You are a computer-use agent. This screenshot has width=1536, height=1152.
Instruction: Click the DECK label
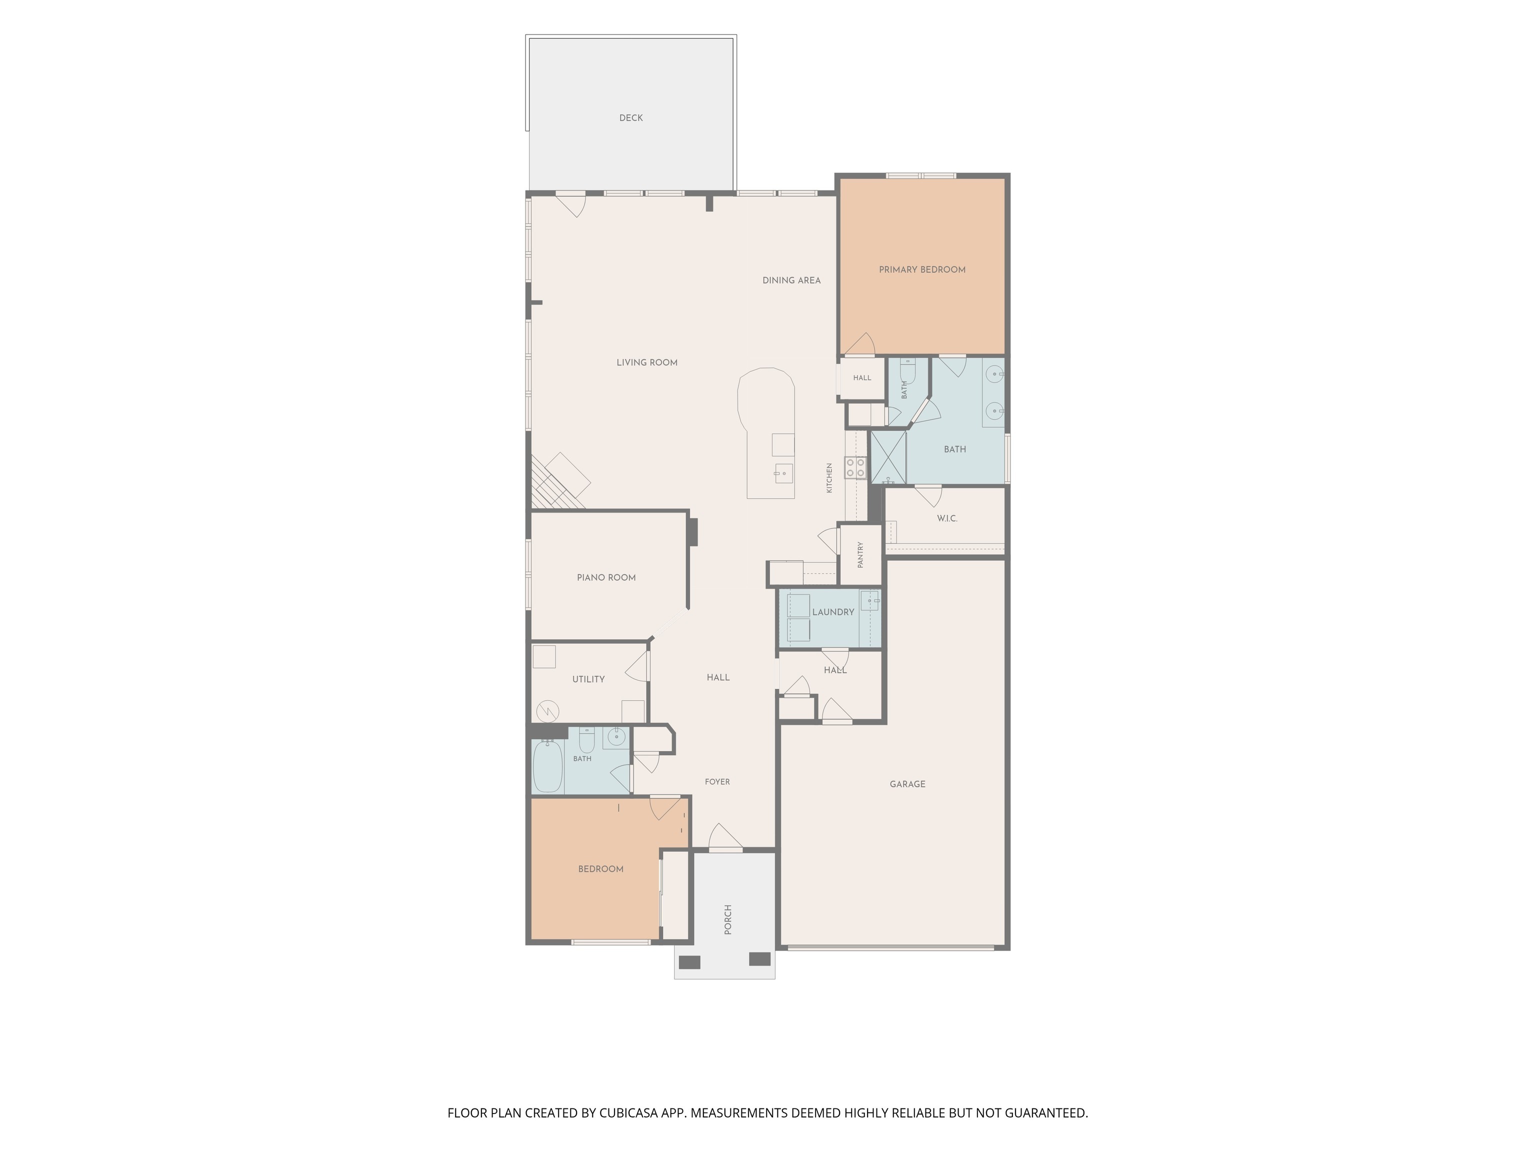pyautogui.click(x=630, y=118)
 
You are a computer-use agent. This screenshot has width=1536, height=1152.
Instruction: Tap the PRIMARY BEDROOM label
pyautogui.click(x=921, y=269)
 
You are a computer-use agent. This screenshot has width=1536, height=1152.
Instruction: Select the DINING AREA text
pyautogui.click(x=791, y=280)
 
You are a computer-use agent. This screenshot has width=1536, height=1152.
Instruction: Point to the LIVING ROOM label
pyautogui.click(x=646, y=362)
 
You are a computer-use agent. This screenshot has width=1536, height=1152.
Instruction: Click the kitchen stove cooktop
pyautogui.click(x=855, y=467)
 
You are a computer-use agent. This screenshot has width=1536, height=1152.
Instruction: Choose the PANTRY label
pyautogui.click(x=860, y=555)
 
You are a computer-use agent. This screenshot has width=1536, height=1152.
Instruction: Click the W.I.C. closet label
pyautogui.click(x=946, y=518)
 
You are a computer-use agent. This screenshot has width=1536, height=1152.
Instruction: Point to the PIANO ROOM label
pyautogui.click(x=605, y=577)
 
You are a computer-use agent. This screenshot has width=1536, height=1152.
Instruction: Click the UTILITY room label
pyautogui.click(x=588, y=679)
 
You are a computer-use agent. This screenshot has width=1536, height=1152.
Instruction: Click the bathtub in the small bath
pyautogui.click(x=547, y=766)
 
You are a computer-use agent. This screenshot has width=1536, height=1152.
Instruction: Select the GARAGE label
pyautogui.click(x=907, y=784)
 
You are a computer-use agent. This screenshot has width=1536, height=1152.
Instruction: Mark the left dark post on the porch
pyautogui.click(x=689, y=962)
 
